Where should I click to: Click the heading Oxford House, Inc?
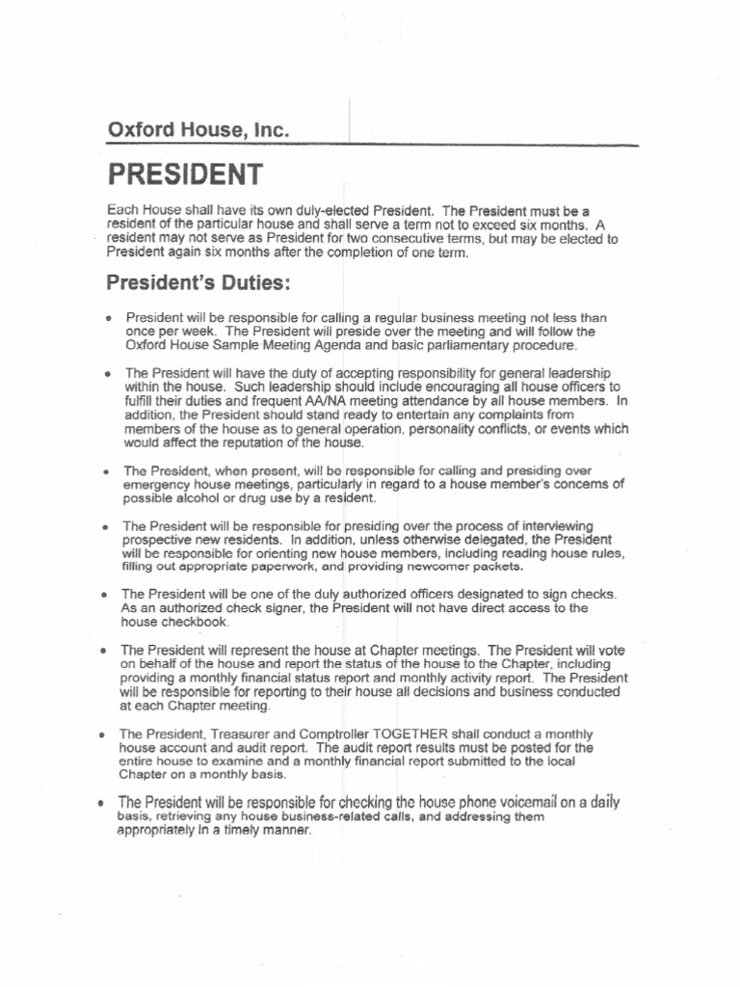(198, 131)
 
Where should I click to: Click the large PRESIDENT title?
(185, 175)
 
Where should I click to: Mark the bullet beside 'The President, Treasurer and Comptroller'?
(103, 734)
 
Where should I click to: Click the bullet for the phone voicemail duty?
(101, 803)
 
